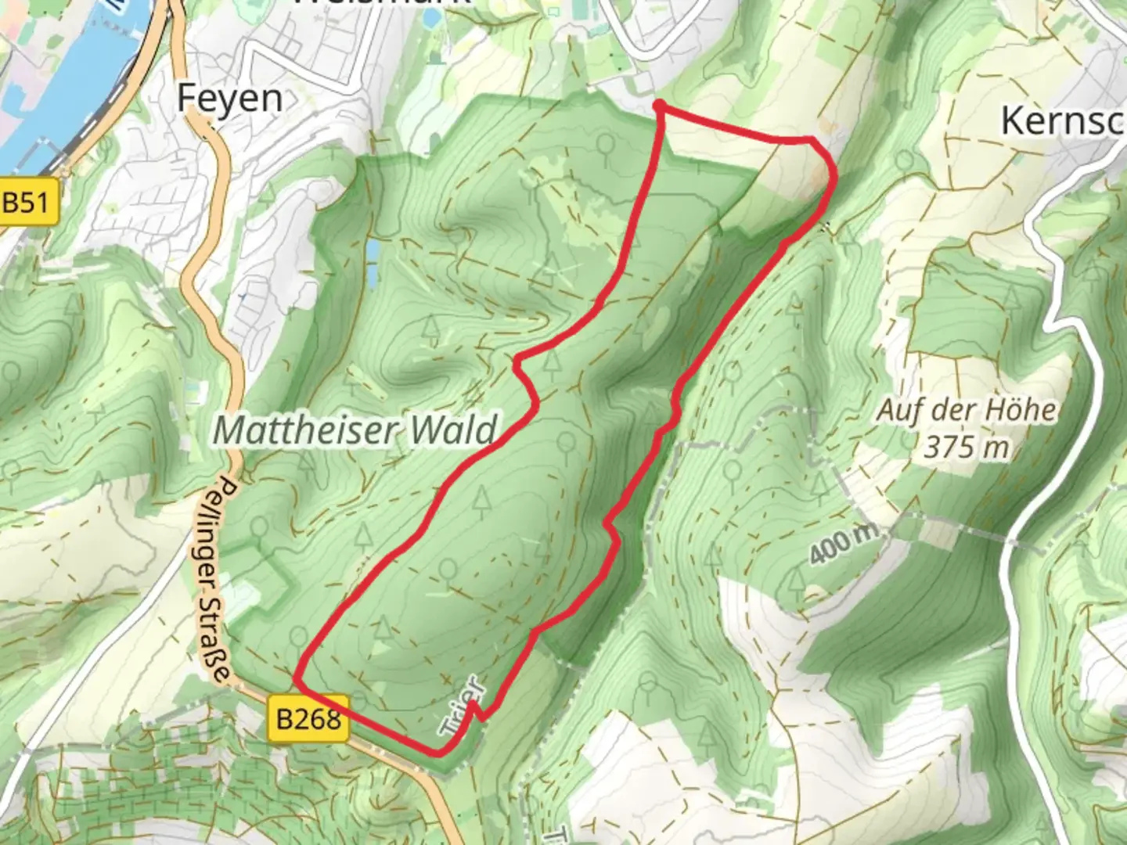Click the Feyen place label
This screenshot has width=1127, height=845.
(229, 99)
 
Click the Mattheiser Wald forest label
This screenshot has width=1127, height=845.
(355, 430)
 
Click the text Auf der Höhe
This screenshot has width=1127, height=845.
(967, 410)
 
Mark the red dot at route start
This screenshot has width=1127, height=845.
(660, 106)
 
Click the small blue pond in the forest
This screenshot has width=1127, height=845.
(373, 261)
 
